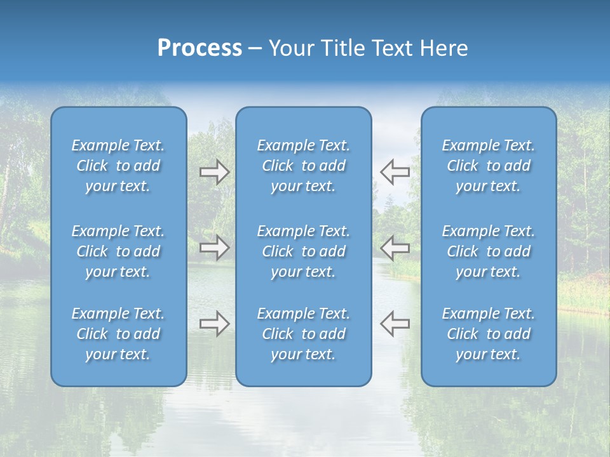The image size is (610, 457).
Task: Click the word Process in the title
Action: (200, 48)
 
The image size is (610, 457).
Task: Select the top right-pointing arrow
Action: (214, 172)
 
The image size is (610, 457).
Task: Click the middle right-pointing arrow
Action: (214, 247)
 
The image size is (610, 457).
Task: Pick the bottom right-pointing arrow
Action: (214, 323)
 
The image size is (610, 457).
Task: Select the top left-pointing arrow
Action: (395, 171)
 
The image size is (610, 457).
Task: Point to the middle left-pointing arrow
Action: (395, 247)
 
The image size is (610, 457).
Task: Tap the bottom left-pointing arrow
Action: (395, 323)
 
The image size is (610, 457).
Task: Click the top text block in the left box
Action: (118, 166)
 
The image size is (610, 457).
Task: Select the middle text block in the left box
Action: (118, 251)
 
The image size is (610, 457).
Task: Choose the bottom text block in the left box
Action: (118, 334)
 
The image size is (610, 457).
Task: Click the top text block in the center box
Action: (303, 166)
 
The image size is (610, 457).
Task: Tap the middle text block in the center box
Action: (303, 251)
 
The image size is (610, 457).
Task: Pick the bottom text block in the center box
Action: (303, 334)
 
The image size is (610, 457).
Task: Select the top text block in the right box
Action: (489, 166)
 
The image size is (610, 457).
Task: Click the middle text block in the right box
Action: (489, 251)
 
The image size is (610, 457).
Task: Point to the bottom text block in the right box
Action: (489, 334)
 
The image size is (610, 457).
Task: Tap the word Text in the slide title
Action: (392, 48)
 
